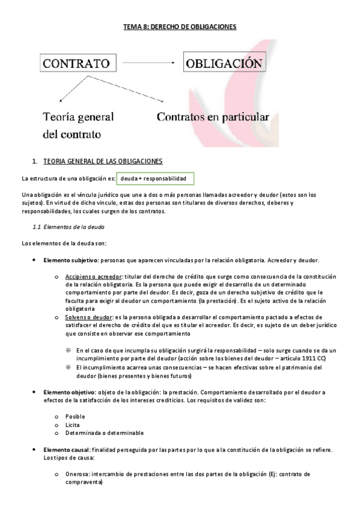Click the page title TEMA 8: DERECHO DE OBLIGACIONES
coord(180,26)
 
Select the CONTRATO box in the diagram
coord(79,63)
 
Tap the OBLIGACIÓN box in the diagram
coord(225,63)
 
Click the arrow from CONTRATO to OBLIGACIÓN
coord(148,63)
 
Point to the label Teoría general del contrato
coord(78,124)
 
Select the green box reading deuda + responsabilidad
coord(153,179)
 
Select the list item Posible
coord(76,416)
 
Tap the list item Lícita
coord(73,425)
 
